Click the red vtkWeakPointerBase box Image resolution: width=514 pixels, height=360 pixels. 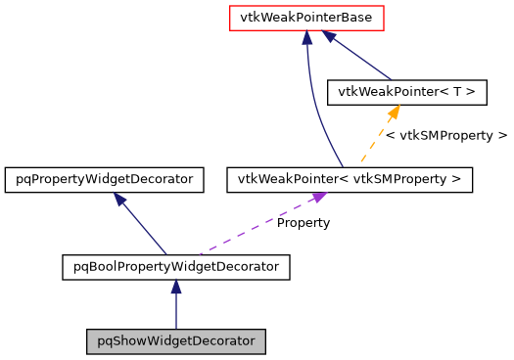click(306, 18)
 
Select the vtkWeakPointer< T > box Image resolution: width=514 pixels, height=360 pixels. click(406, 92)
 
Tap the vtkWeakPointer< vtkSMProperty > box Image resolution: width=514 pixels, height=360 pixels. click(350, 180)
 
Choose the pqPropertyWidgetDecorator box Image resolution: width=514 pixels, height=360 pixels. click(105, 180)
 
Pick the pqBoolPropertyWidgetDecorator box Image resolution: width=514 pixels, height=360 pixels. click(175, 266)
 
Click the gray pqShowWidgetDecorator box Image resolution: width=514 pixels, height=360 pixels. click(175, 342)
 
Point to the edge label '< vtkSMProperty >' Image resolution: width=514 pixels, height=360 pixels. click(446, 136)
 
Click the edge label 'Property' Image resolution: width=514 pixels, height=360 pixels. click(304, 223)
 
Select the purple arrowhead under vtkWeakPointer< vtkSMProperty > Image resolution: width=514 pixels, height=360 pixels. click(317, 199)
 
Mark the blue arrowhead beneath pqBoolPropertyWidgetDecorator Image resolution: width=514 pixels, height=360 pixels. click(175, 287)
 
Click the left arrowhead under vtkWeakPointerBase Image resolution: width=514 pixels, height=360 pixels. click(307, 37)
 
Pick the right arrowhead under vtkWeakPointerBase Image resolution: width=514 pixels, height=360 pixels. click(331, 37)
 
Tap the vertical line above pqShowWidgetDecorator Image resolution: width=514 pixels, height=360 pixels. click(175, 311)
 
